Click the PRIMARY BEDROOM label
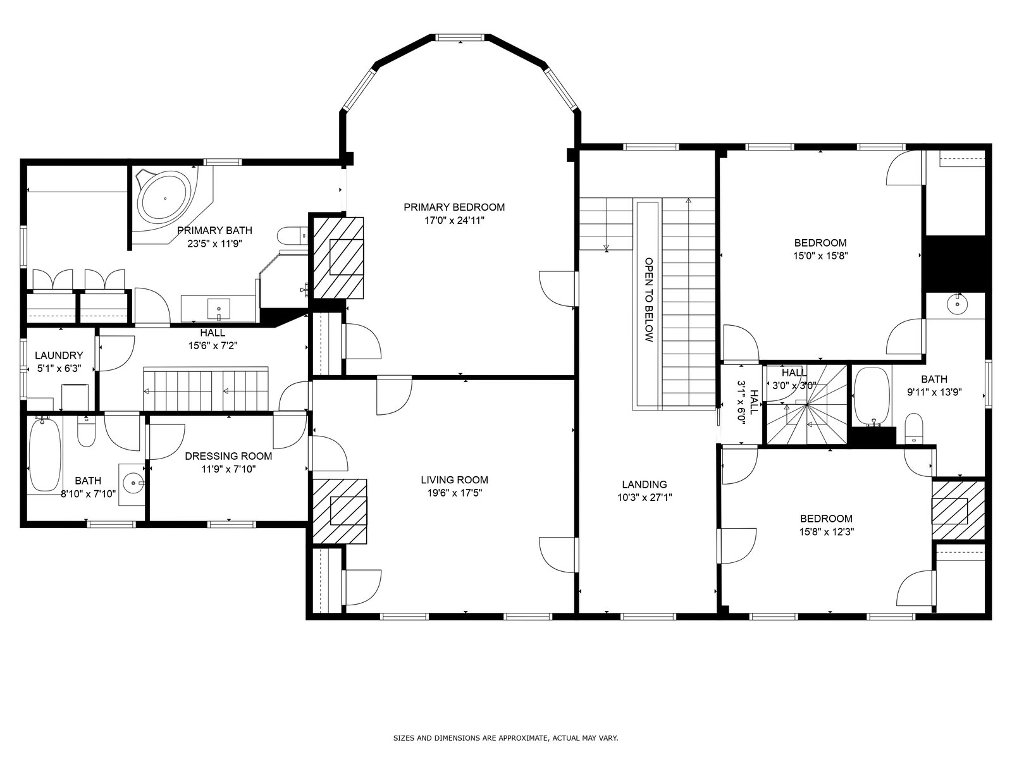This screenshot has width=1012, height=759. point(454,207)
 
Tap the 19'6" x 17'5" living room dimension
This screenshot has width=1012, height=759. point(454,493)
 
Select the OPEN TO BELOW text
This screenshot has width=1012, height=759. point(649,300)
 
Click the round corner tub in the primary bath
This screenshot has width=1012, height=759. point(164,199)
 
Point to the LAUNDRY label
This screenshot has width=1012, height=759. point(59,355)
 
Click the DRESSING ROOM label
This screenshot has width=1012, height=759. point(228,456)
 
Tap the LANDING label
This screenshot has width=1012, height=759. point(644,484)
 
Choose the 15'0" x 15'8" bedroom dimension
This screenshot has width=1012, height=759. point(820,256)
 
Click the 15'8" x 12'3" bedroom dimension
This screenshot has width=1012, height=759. point(827,532)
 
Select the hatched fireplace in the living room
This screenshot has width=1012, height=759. point(340,512)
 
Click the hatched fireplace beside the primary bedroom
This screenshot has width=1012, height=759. point(338,258)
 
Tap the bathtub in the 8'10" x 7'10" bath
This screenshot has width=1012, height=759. point(45,455)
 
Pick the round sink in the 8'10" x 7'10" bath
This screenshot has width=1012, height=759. point(133,483)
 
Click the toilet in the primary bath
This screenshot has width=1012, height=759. point(292,235)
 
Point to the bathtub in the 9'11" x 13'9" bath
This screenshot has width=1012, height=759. point(872,395)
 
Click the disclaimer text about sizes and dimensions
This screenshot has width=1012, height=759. point(505,738)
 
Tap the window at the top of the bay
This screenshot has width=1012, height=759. point(460,37)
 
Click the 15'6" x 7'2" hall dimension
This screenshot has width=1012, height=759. point(213,345)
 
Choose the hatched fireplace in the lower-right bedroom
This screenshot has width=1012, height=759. point(958,510)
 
